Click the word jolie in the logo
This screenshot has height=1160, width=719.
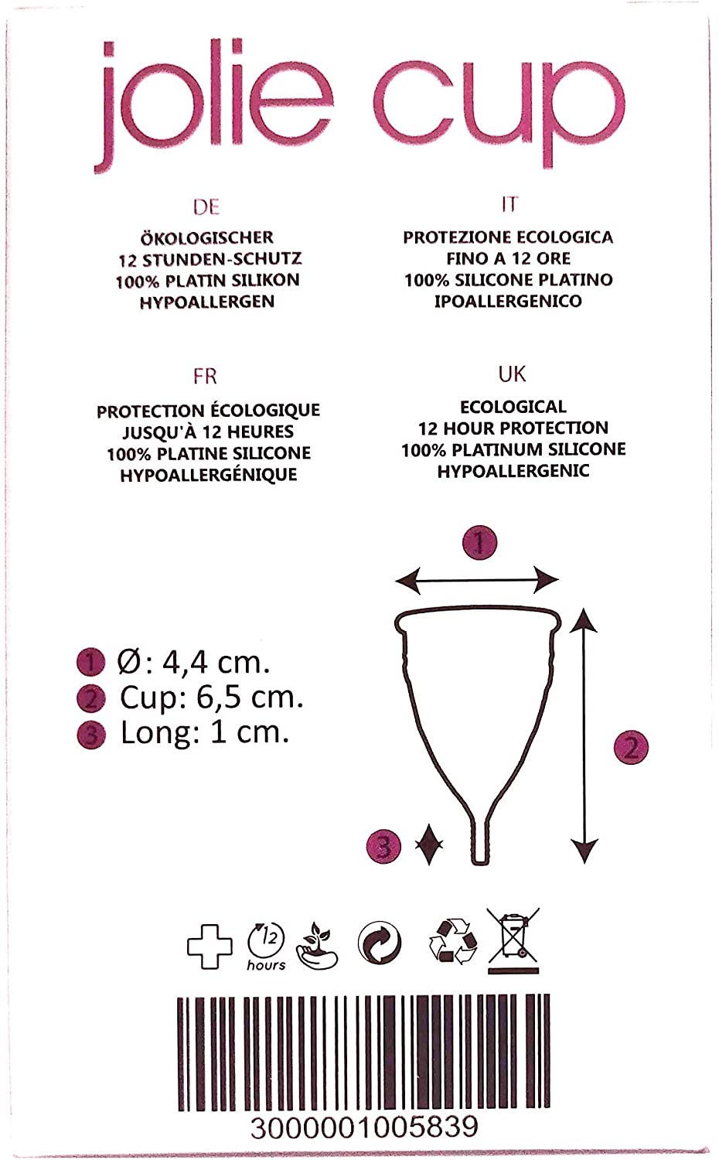(213, 106)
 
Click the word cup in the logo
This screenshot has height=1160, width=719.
(500, 111)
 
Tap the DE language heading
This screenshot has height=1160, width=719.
(206, 207)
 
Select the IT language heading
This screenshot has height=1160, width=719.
(510, 205)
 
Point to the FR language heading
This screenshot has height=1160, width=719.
(205, 377)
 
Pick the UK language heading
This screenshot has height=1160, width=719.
(512, 374)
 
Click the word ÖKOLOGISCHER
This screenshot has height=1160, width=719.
(207, 238)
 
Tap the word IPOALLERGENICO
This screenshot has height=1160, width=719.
(508, 301)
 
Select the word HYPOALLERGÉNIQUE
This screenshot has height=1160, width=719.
(209, 475)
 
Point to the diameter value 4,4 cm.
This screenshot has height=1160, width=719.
(216, 662)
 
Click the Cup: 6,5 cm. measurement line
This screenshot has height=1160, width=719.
(211, 698)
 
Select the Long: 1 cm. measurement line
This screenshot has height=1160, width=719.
(204, 733)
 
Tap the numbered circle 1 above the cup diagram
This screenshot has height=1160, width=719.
(479, 543)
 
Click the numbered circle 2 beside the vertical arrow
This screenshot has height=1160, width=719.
(631, 747)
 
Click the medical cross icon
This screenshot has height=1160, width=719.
(210, 946)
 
